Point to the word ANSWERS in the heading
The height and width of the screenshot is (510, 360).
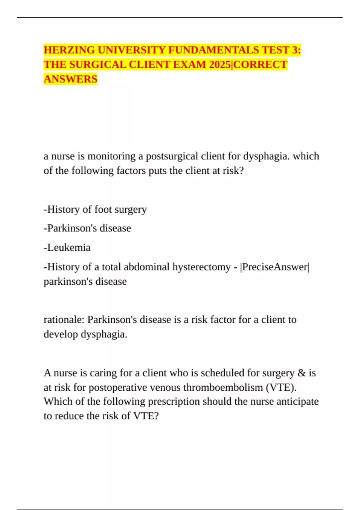pyautogui.click(x=70, y=79)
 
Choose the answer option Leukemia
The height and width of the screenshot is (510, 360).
pyautogui.click(x=69, y=247)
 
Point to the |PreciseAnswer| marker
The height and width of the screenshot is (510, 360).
pyautogui.click(x=274, y=267)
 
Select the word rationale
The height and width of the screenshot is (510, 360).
pyautogui.click(x=64, y=319)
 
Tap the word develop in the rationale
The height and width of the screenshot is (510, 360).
pyautogui.click(x=61, y=334)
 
